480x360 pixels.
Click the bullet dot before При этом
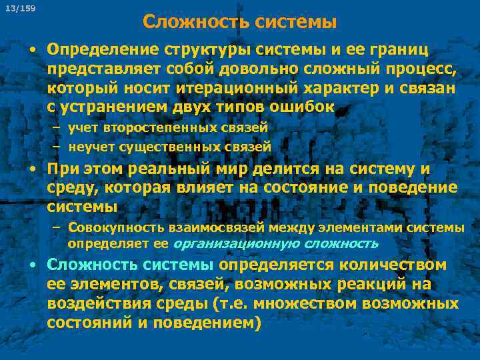point(31,170)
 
